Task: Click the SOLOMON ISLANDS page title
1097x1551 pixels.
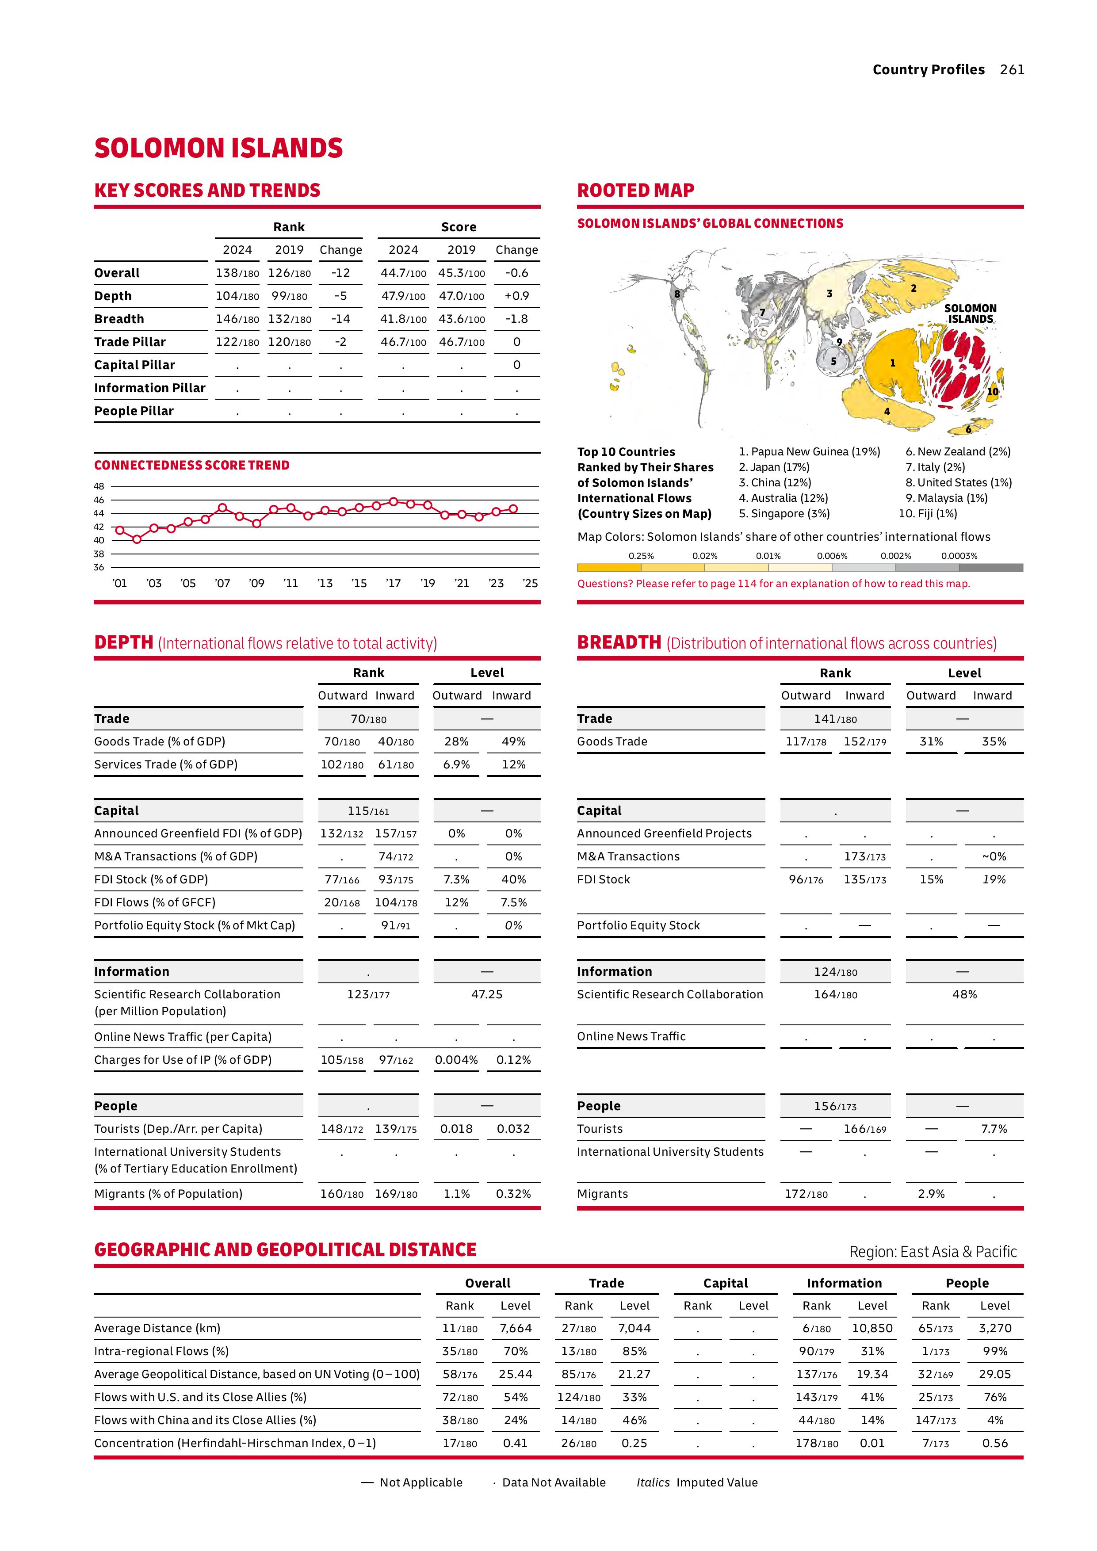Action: coord(218,149)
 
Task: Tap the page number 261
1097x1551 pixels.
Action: coord(1012,69)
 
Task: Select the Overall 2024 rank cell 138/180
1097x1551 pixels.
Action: coord(237,273)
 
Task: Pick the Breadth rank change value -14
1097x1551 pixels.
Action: coord(340,319)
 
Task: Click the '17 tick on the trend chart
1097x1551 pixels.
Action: coord(393,583)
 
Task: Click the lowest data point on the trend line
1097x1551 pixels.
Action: coord(137,539)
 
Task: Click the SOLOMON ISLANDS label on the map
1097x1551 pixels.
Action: coord(970,313)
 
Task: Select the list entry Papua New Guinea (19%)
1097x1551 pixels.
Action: coord(809,452)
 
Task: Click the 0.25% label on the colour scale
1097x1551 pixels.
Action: coord(641,556)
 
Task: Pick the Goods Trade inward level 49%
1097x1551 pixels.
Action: coord(513,742)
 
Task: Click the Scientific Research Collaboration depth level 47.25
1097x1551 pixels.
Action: coord(486,994)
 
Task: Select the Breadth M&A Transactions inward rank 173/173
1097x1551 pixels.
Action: coord(864,856)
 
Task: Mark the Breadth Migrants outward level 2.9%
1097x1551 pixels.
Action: coord(931,1194)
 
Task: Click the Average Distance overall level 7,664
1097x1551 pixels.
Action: coord(516,1328)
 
